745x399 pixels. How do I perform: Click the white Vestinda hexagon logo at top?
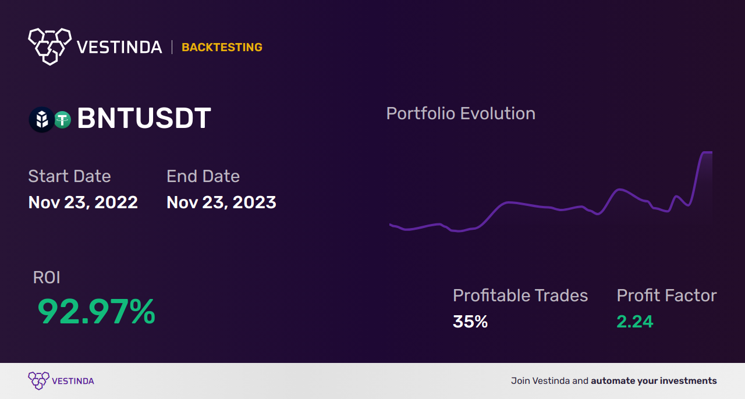click(50, 47)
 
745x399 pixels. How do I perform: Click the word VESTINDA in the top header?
click(119, 47)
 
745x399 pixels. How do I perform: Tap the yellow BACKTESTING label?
click(222, 47)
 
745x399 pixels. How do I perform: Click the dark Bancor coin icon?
click(42, 120)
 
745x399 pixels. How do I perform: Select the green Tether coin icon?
click(62, 120)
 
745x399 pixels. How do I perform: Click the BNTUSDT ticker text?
click(144, 118)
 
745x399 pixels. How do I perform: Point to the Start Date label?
click(69, 176)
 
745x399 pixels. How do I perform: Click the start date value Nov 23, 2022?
click(83, 202)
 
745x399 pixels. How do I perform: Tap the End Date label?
click(203, 176)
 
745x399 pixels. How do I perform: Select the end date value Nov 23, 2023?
click(221, 202)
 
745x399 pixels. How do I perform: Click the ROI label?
click(47, 277)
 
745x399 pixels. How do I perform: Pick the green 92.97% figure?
click(97, 311)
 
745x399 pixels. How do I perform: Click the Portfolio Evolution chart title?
click(460, 114)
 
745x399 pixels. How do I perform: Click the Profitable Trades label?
click(520, 295)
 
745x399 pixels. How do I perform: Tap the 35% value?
click(470, 322)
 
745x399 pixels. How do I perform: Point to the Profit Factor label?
click(667, 295)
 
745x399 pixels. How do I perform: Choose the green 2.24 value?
click(635, 322)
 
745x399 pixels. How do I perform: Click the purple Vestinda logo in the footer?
click(61, 381)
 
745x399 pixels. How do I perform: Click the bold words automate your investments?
click(654, 381)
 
